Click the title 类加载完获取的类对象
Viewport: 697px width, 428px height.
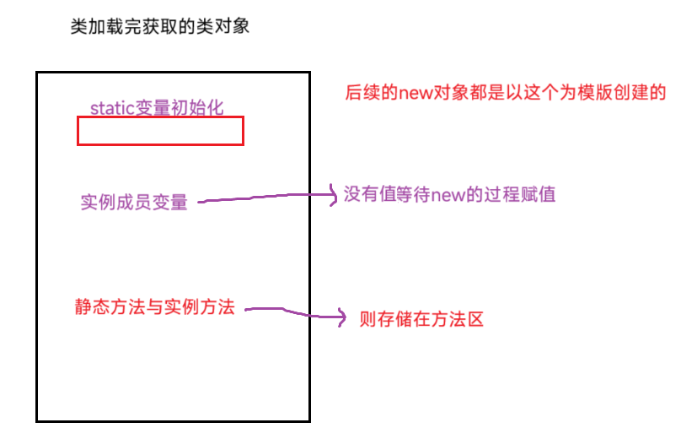click(x=159, y=26)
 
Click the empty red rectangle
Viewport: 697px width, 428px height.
click(x=160, y=131)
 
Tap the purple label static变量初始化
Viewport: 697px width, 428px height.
click(x=157, y=107)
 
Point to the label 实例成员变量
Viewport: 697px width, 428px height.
click(x=134, y=202)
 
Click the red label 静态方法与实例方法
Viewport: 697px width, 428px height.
click(x=154, y=307)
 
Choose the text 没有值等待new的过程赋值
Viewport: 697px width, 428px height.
click(x=449, y=195)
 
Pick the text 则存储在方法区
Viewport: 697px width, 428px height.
click(x=421, y=319)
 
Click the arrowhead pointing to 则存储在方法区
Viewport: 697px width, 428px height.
click(x=340, y=318)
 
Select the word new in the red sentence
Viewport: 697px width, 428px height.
click(x=416, y=92)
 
